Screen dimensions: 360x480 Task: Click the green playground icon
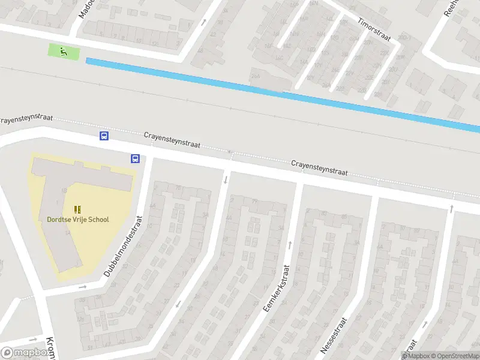point(64,52)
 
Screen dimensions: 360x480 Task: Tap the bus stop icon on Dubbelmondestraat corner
point(136,159)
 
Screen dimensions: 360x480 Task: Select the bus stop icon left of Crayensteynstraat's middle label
point(104,136)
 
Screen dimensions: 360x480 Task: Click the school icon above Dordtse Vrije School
point(77,209)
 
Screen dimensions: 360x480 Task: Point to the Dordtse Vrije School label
point(78,219)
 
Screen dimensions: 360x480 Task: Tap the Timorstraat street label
point(374,29)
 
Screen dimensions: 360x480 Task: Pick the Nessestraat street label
point(334,334)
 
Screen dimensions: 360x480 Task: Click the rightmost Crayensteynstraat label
point(319,167)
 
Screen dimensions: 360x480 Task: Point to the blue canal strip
point(282,92)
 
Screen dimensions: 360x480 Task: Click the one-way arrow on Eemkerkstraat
point(290,244)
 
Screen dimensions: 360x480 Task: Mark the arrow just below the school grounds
point(83,287)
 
